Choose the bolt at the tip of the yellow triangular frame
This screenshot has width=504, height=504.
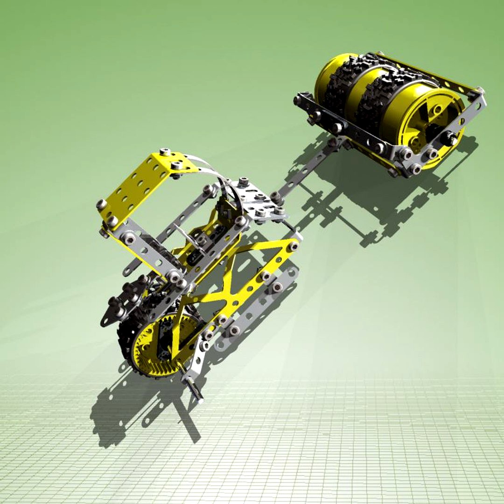[x=294, y=246]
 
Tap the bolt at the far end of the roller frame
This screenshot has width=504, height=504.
[x=481, y=91]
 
